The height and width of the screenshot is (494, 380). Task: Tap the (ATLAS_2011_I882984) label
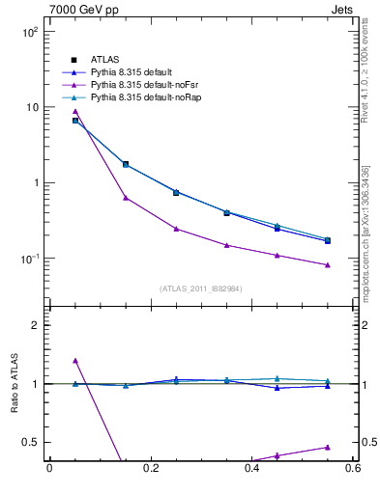coord(200,288)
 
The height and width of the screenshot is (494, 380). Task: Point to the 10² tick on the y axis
coord(29,32)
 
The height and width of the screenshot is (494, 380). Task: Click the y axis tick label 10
coord(31,107)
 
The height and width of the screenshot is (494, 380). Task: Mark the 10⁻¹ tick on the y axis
coord(29,259)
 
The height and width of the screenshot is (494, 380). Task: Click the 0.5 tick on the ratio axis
coord(29,442)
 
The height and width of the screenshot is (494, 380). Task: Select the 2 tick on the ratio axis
coord(35,325)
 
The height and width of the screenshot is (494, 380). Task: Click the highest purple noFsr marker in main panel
coord(75,112)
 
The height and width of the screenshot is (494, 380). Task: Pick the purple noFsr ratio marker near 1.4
coord(75,361)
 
